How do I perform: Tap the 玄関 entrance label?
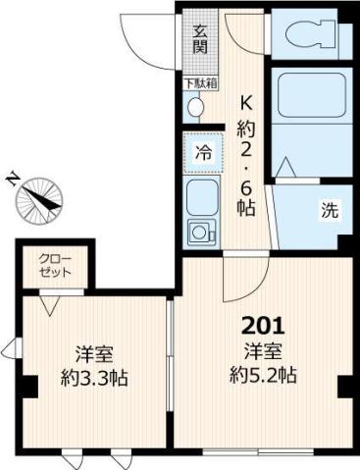tap(199, 38)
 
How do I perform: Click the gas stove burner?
tap(202, 234)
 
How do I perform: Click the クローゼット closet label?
tap(54, 266)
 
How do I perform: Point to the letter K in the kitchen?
tap(248, 101)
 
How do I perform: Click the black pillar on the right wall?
tap(344, 388)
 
